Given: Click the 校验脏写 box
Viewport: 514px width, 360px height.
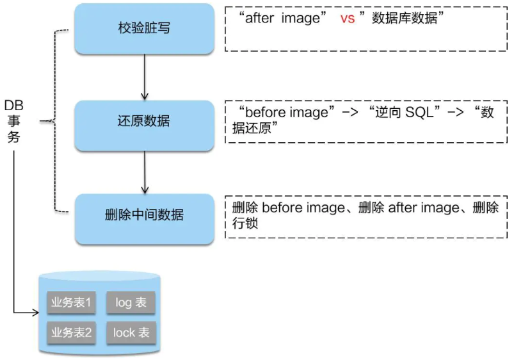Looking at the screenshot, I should click(x=144, y=28).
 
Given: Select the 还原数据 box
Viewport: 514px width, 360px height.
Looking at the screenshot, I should click(x=144, y=121).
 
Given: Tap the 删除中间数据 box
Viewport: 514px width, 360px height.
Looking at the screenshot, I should click(x=144, y=215).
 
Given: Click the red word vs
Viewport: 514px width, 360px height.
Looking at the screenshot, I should click(x=348, y=19).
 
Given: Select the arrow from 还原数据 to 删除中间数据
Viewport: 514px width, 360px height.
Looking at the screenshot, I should click(x=145, y=170).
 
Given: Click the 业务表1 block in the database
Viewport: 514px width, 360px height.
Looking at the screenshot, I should click(x=70, y=302).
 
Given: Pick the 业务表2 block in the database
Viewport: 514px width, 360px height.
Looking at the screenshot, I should click(x=70, y=332).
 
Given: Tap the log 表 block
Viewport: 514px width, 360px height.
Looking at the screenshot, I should click(x=131, y=302).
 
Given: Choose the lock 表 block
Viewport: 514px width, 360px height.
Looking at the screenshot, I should click(x=131, y=332).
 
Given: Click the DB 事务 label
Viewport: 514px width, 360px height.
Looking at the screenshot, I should click(x=14, y=121).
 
